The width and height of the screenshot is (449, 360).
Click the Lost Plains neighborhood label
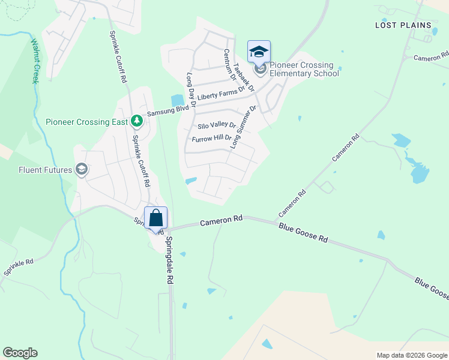(x=403, y=25)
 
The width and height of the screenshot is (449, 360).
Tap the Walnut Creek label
(x=34, y=62)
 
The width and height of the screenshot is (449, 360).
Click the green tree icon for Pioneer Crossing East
(x=137, y=121)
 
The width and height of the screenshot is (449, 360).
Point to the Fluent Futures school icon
(x=82, y=170)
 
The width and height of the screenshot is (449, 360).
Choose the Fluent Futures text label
(x=38, y=170)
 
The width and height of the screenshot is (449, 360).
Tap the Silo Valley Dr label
(x=217, y=127)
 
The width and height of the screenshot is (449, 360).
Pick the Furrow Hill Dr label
(x=211, y=139)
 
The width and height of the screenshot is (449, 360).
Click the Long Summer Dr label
(x=243, y=127)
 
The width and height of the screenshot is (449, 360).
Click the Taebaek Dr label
(x=244, y=76)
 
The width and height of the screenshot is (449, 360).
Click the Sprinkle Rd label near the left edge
(x=19, y=268)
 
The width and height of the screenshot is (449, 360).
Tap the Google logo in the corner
(x=20, y=353)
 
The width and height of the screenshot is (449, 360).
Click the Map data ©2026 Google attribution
(x=411, y=355)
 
